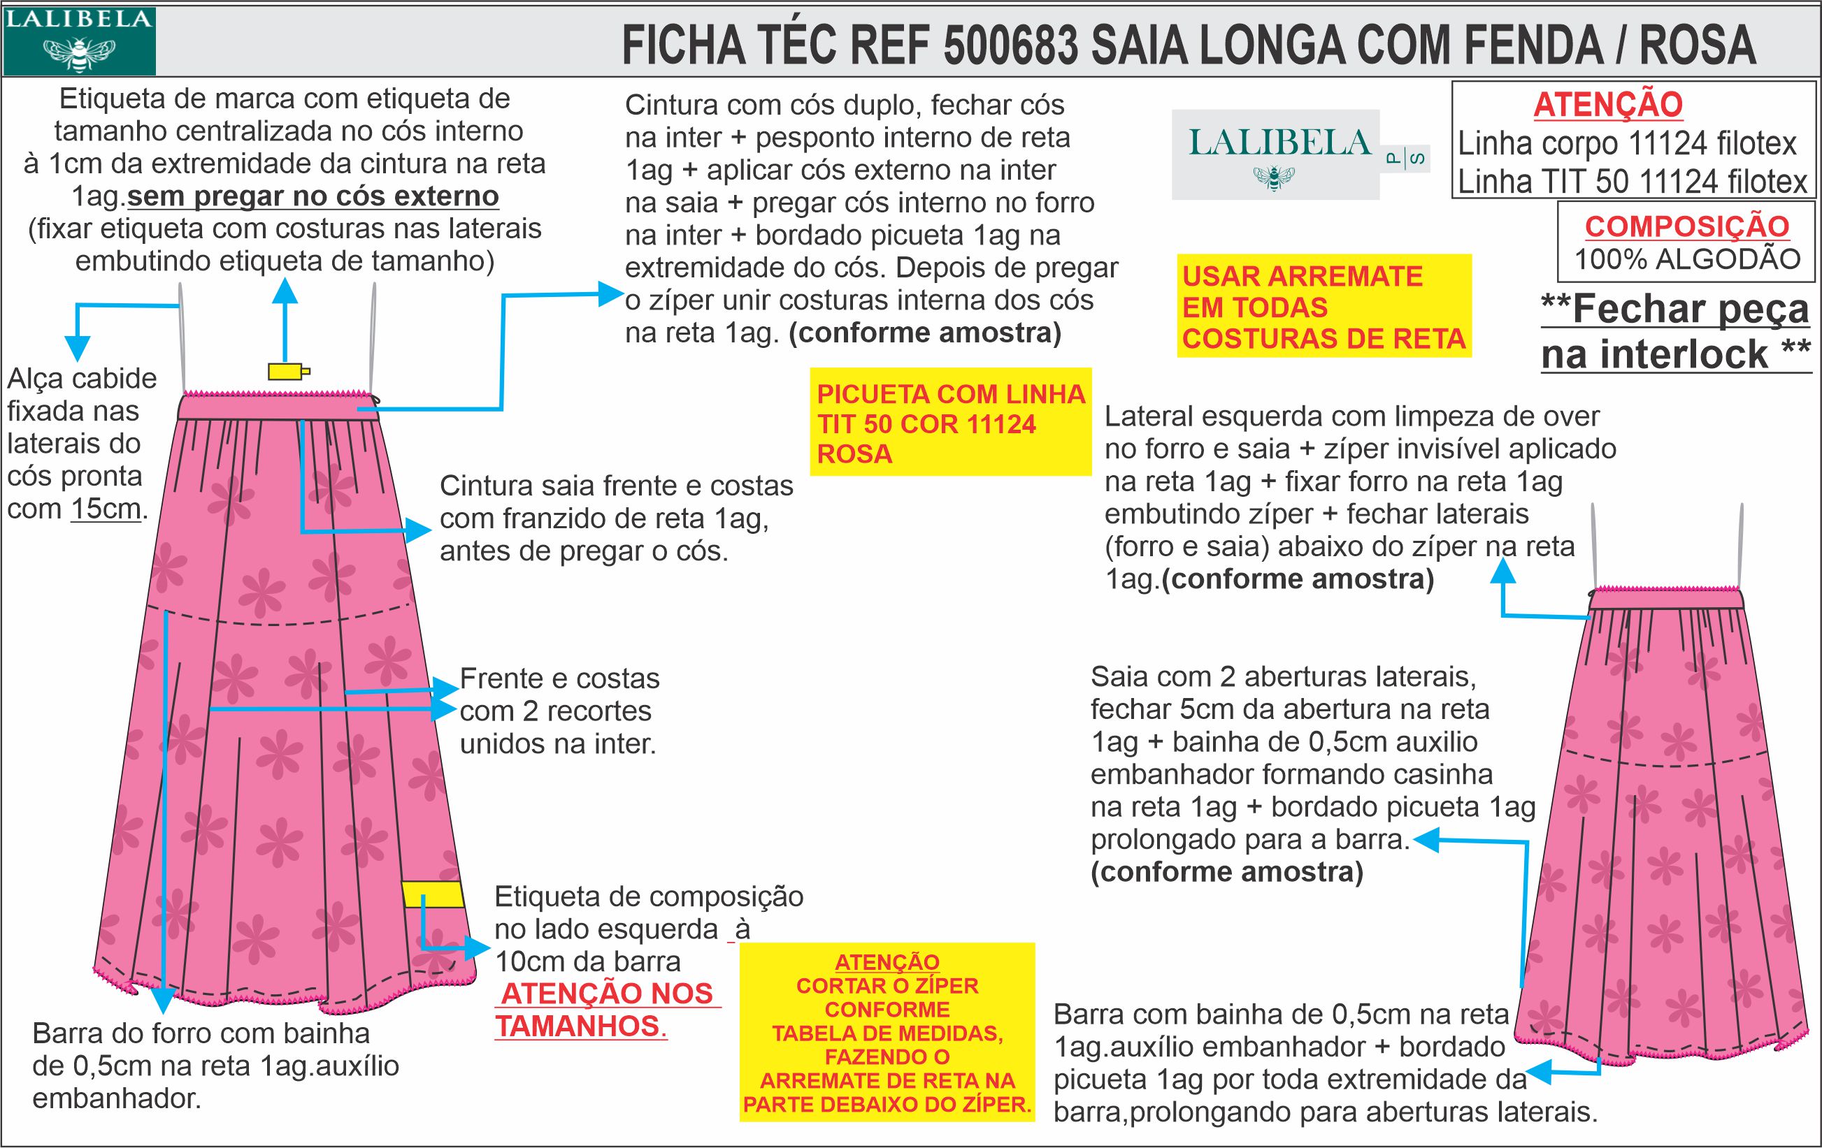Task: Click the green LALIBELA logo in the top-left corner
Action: tap(79, 41)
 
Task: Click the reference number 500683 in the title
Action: tap(1010, 45)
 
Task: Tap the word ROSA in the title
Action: tap(1697, 45)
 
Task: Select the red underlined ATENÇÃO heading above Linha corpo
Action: tap(1608, 104)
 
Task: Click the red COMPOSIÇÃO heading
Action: tap(1686, 226)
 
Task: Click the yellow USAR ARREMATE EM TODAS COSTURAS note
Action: tap(1324, 307)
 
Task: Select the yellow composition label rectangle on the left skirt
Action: tap(432, 894)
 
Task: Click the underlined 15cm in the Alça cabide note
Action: tap(106, 509)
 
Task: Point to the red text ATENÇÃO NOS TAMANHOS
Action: tap(608, 1010)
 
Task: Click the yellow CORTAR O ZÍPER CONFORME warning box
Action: tap(887, 1032)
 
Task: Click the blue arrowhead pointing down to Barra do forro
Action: tap(163, 1001)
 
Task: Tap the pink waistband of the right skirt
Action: tap(1666, 600)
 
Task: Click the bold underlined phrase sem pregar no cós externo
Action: tap(313, 196)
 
